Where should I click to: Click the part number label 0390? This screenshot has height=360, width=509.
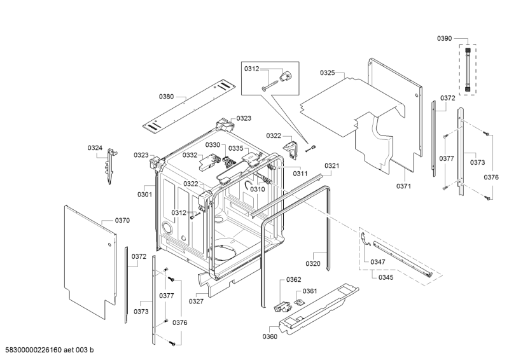444,39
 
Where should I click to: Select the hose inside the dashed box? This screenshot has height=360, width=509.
470,69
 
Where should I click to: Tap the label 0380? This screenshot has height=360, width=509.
166,97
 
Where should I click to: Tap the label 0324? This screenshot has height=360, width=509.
95,148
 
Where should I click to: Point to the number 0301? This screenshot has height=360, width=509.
144,194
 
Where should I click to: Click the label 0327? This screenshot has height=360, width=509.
196,301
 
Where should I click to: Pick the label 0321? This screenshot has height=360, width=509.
332,165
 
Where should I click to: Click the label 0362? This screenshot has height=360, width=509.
293,280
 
